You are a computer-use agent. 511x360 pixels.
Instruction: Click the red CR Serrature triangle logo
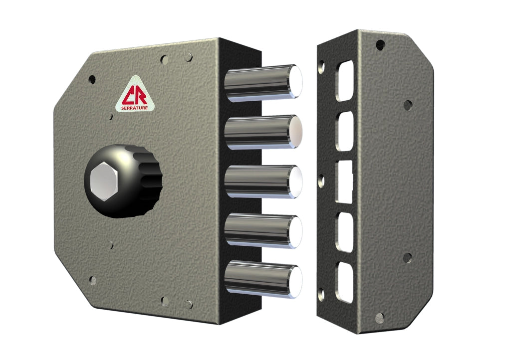point(135,95)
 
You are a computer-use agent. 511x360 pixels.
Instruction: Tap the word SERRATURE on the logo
point(135,108)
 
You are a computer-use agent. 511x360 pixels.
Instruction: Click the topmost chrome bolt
point(263,83)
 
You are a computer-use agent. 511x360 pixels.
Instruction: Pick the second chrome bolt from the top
point(263,132)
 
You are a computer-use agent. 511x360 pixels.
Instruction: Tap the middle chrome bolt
point(263,181)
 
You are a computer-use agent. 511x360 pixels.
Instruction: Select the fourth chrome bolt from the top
point(263,231)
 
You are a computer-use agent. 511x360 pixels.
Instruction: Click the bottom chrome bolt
point(263,279)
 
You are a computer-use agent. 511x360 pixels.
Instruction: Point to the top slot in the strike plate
point(345,80)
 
